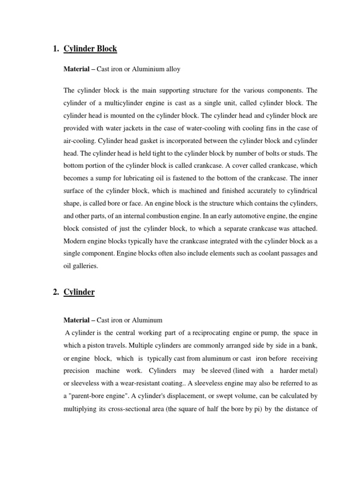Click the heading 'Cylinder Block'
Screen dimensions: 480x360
click(90, 49)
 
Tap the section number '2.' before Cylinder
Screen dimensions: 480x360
click(56, 292)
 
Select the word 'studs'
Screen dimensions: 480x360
click(294, 154)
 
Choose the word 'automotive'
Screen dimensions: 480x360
click(249, 217)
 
